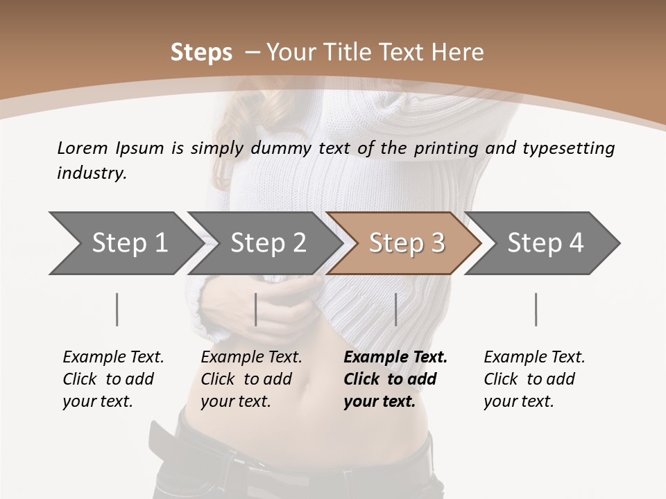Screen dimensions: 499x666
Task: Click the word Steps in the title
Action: tap(201, 53)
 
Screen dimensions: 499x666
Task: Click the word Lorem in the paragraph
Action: tap(83, 148)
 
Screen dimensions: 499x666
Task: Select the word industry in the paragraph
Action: tap(92, 173)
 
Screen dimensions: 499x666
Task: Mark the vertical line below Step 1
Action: tap(117, 309)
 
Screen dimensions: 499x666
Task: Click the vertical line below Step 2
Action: tap(256, 309)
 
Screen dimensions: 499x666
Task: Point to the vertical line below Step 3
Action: tap(395, 309)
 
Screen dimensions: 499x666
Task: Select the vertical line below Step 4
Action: tap(536, 309)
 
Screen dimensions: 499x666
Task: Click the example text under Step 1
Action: tap(113, 379)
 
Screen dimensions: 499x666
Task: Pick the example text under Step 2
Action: tap(251, 379)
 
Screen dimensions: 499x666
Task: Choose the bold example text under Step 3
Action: tap(395, 379)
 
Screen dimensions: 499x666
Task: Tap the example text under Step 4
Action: tap(534, 379)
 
